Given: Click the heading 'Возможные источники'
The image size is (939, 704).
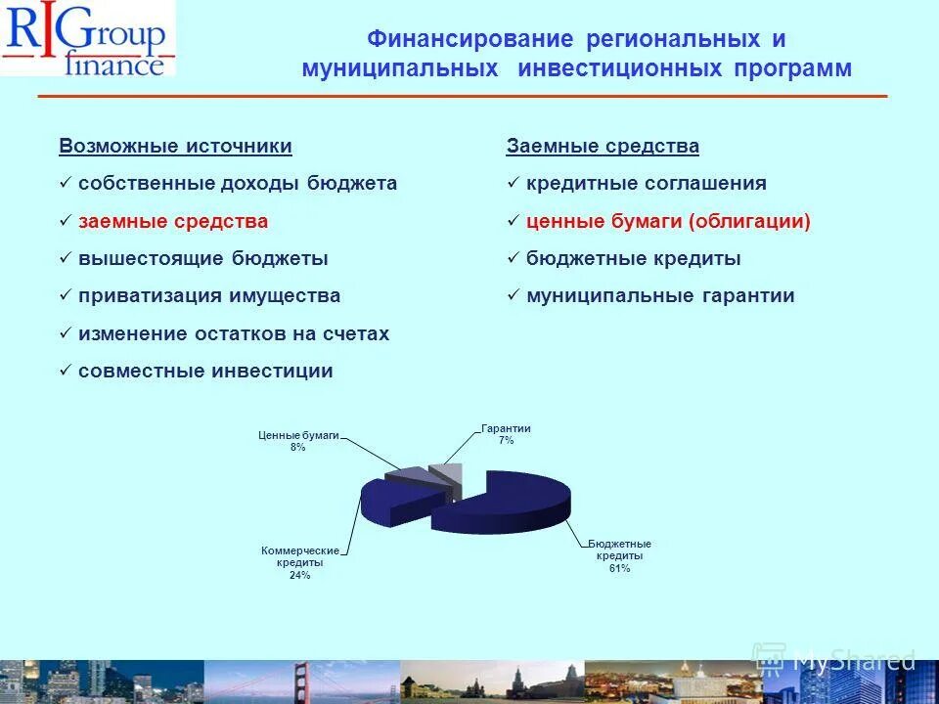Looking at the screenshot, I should pyautogui.click(x=175, y=147).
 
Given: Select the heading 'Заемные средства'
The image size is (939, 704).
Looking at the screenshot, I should pyautogui.click(x=603, y=147).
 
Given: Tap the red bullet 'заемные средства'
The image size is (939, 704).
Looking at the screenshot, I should pyautogui.click(x=173, y=222).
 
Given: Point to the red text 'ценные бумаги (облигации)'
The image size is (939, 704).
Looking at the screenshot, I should pyautogui.click(x=668, y=222).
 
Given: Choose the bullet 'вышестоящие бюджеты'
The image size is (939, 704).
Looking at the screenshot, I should pyautogui.click(x=203, y=259).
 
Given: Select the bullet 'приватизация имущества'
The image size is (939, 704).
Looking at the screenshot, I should pyautogui.click(x=209, y=296).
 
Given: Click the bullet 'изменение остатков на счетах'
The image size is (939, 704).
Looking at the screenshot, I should pyautogui.click(x=234, y=334).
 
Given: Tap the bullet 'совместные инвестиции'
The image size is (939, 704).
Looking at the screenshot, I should pyautogui.click(x=205, y=372).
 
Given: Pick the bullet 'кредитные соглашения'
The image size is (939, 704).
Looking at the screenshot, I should pyautogui.click(x=646, y=184).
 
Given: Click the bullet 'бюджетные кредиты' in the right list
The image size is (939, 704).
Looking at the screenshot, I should pyautogui.click(x=633, y=259).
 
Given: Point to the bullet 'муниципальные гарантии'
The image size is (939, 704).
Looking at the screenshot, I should pyautogui.click(x=660, y=296).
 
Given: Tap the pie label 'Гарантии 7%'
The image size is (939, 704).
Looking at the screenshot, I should pyautogui.click(x=506, y=435).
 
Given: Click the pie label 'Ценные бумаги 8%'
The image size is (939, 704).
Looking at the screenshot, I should pyautogui.click(x=298, y=441).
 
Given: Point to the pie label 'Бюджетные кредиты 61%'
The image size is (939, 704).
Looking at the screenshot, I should pyautogui.click(x=619, y=555).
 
